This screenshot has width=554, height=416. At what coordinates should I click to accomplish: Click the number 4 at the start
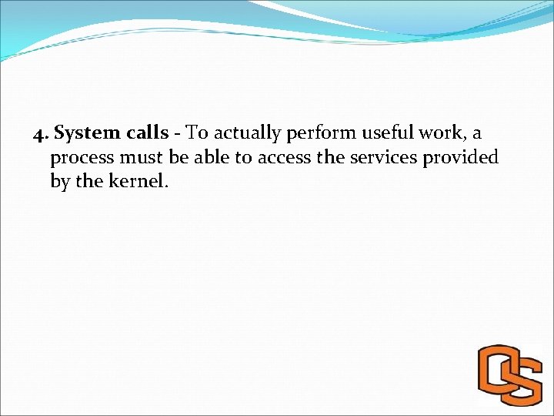(39, 133)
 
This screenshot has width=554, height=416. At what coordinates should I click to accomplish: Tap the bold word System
(84, 133)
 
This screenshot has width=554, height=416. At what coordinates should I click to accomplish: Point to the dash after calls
(178, 134)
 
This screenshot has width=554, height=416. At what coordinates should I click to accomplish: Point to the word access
(285, 158)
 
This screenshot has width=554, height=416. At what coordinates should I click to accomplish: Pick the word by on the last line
(59, 183)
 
